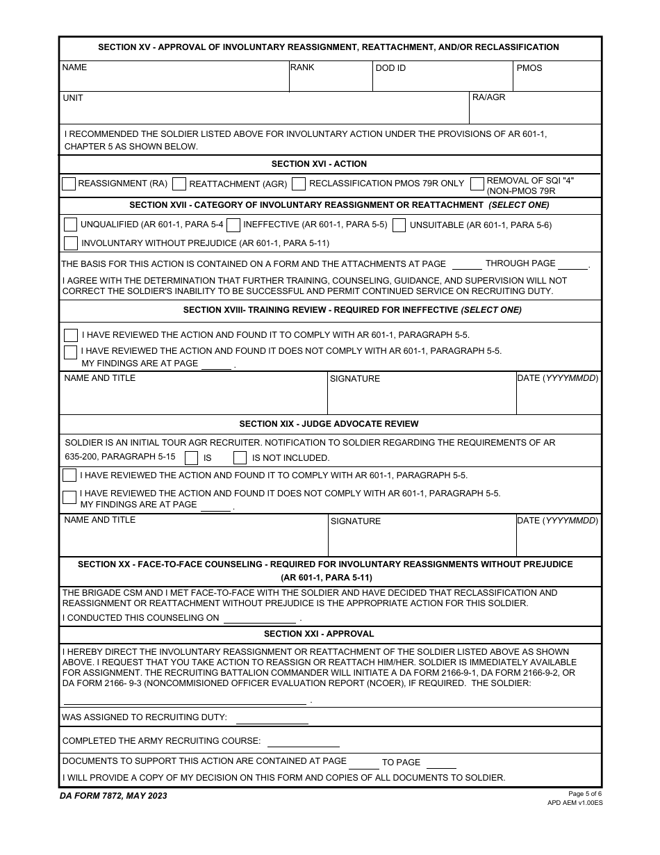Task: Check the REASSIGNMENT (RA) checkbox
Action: [69, 184]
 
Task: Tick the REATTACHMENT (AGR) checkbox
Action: [179, 184]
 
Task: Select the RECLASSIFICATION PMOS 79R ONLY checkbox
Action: [299, 184]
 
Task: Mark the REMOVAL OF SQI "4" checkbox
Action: [477, 184]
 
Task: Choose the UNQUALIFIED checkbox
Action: [70, 225]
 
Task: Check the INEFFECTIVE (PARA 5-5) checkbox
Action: [233, 225]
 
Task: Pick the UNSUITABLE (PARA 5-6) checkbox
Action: [399, 225]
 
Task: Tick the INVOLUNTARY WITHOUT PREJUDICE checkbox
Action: [70, 243]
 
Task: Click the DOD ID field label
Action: [390, 68]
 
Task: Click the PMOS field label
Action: [529, 68]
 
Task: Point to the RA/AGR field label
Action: [488, 97]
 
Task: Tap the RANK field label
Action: [302, 67]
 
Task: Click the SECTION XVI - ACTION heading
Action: [319, 164]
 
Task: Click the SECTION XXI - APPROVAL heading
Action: [319, 634]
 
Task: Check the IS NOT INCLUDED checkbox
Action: [240, 457]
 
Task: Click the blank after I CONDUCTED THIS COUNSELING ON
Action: [259, 618]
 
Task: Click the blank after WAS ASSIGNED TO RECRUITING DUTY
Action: [272, 718]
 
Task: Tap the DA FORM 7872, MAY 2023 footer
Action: [113, 796]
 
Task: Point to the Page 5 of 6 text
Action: [585, 794]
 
